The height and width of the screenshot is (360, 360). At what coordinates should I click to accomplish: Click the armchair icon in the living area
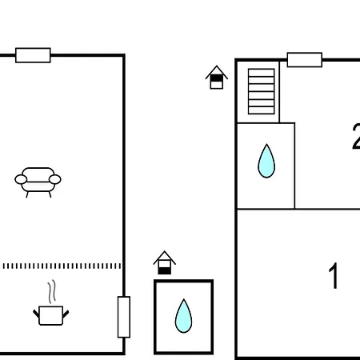(x=38, y=182)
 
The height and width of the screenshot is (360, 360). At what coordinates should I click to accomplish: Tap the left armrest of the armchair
(x=21, y=179)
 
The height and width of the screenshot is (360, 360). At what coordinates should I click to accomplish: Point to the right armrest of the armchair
(x=55, y=179)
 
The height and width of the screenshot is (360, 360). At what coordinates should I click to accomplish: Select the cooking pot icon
(x=51, y=315)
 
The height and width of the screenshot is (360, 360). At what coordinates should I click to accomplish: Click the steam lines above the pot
(x=52, y=291)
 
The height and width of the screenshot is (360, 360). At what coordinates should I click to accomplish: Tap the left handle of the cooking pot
(x=36, y=314)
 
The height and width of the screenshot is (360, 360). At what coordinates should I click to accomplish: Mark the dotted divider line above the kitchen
(x=62, y=266)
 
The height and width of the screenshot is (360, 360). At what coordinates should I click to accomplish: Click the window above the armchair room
(x=33, y=55)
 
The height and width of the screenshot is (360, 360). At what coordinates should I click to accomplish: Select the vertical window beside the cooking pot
(x=124, y=317)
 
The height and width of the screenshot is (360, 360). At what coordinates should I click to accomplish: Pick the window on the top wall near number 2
(x=305, y=60)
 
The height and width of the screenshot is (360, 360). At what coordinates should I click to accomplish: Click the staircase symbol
(x=262, y=91)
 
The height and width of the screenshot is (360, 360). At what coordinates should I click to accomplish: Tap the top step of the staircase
(x=262, y=73)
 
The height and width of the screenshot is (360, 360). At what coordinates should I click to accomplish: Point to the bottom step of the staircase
(x=262, y=110)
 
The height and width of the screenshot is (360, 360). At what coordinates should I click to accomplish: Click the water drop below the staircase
(x=266, y=162)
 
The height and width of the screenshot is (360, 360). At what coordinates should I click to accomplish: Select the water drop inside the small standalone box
(x=183, y=316)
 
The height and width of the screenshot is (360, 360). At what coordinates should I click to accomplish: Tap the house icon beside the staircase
(x=217, y=78)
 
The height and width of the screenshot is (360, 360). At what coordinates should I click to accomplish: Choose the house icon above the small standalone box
(x=165, y=262)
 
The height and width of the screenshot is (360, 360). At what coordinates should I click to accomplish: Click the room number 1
(x=334, y=275)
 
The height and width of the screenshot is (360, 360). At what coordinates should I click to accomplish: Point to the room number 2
(x=356, y=136)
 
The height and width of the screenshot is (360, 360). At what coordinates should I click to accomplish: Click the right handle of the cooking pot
(x=66, y=314)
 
